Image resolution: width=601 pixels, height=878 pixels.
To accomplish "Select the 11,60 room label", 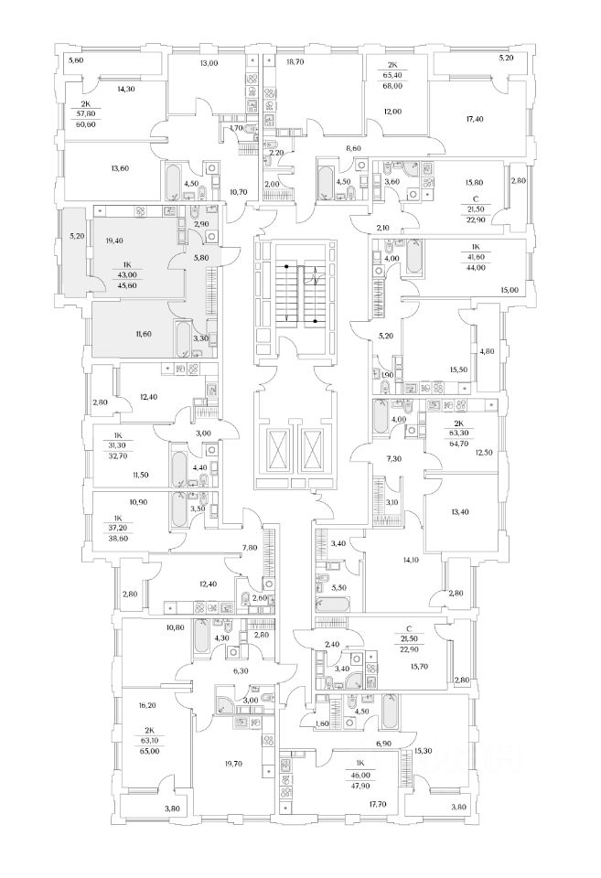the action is (127, 334).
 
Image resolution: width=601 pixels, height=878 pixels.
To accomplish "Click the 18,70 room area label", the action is (295, 63).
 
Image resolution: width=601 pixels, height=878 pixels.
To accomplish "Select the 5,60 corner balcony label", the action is (76, 60).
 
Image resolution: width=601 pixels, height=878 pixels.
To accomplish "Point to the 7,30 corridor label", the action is (393, 458).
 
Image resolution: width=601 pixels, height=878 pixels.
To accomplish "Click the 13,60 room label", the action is (121, 168).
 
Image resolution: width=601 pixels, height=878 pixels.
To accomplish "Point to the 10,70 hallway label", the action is (239, 192).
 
